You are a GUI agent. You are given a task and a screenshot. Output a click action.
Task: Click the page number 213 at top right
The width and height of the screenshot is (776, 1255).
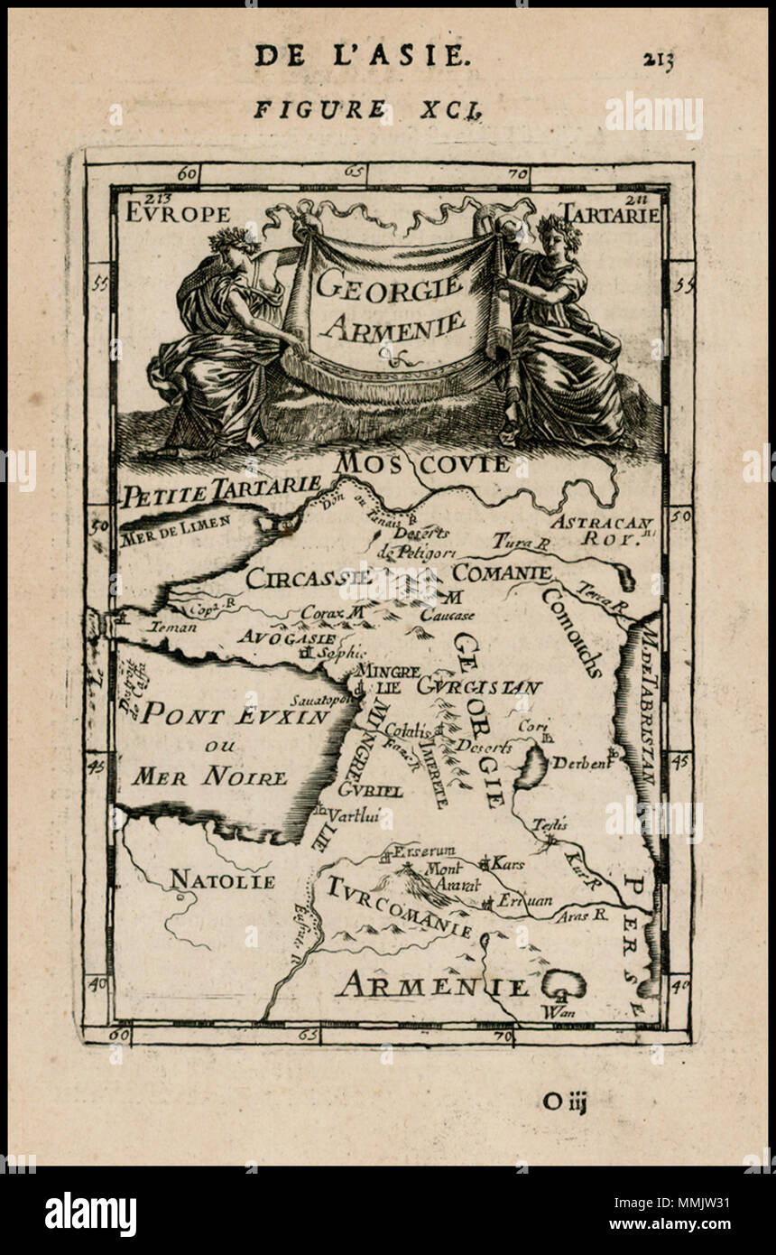[659, 60]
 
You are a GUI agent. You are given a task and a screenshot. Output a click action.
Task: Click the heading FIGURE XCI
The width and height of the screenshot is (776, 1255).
[367, 110]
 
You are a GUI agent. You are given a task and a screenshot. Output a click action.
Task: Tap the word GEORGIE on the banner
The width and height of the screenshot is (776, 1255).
[389, 288]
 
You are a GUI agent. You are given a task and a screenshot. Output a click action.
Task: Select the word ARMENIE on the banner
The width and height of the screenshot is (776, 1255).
[392, 324]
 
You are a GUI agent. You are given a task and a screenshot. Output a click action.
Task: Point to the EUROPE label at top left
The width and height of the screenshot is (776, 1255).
[178, 214]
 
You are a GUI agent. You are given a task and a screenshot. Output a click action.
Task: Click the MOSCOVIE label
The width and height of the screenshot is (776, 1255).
[422, 464]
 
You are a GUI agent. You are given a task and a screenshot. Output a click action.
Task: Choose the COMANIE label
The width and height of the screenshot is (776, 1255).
[502, 572]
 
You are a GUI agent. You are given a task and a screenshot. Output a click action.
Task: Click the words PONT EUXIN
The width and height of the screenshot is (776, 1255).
[237, 715]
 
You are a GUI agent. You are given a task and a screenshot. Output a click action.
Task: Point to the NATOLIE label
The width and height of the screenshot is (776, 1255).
[222, 879]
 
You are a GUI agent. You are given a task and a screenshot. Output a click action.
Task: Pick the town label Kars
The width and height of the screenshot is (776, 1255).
[507, 864]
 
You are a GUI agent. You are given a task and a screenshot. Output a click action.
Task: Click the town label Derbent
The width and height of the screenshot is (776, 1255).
[580, 763]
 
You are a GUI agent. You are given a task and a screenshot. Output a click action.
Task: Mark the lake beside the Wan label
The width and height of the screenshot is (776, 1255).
[563, 983]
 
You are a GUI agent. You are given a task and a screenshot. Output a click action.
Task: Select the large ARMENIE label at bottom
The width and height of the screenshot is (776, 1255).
[431, 986]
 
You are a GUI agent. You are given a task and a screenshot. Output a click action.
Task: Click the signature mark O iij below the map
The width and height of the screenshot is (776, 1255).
[565, 1101]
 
